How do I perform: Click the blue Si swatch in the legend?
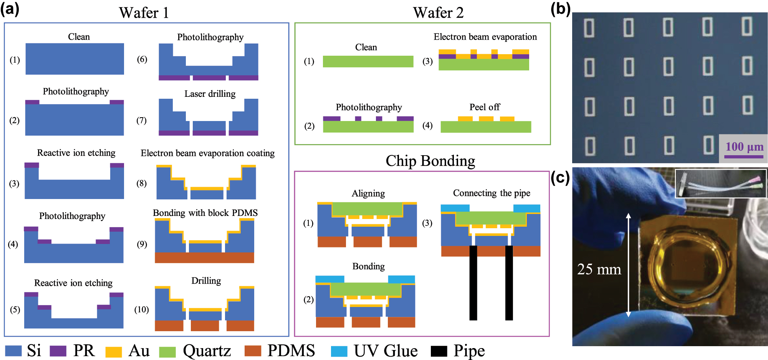tap(13, 351)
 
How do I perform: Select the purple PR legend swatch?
tap(58, 351)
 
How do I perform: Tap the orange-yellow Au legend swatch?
tap(113, 352)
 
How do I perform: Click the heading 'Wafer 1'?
tap(144, 13)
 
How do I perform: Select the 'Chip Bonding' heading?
tap(430, 161)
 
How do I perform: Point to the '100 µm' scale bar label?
tap(744, 147)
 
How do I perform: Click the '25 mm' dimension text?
tap(599, 269)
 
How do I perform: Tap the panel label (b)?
tap(560, 8)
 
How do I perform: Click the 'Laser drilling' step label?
tap(210, 94)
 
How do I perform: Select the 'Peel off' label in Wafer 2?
tap(485, 107)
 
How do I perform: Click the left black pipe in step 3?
tap(473, 282)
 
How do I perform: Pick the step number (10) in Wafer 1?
tap(141, 310)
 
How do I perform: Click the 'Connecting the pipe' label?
tap(492, 193)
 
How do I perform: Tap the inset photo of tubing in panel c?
tap(720, 184)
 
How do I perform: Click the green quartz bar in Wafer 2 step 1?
tap(368, 61)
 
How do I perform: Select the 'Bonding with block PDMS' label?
tap(205, 213)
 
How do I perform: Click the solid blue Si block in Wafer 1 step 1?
tap(74, 59)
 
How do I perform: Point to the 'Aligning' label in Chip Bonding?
tap(368, 194)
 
